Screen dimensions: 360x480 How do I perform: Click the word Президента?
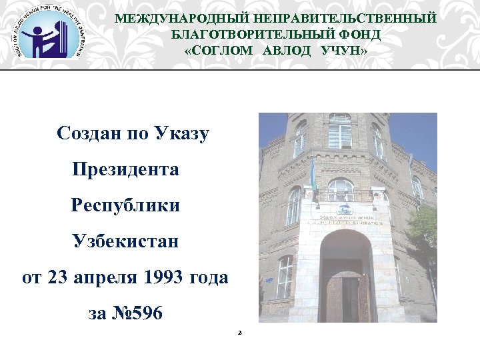click(x=125, y=169)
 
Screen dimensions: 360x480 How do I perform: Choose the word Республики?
click(x=125, y=205)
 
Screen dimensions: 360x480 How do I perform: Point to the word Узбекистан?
click(x=125, y=240)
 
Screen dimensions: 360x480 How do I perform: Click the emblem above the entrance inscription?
click(x=344, y=206)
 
